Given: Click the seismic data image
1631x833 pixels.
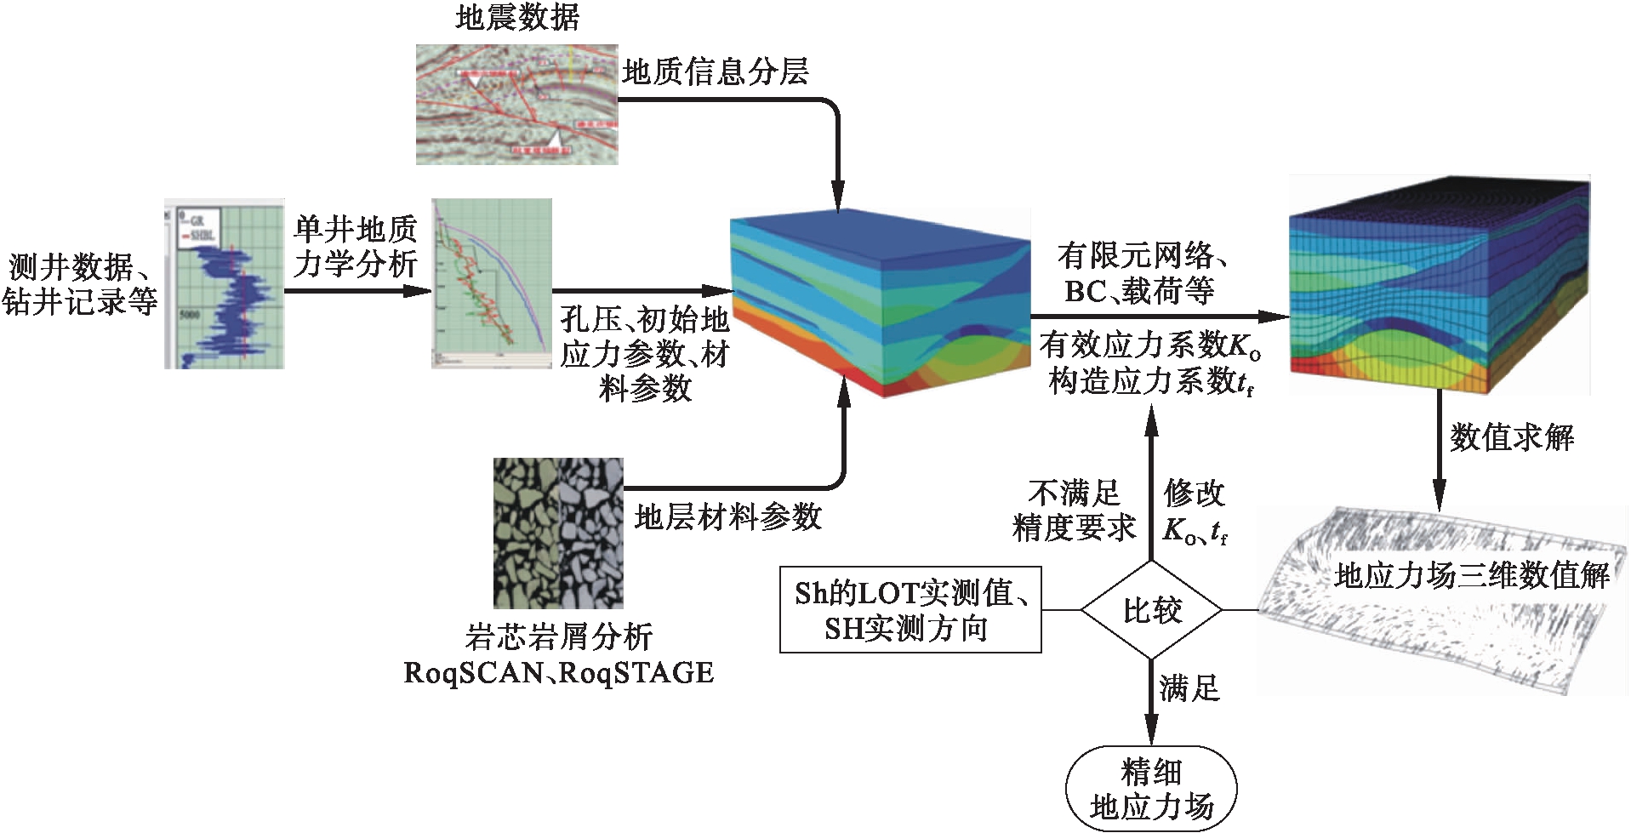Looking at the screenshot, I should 516,104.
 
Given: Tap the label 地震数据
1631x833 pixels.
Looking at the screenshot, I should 516,17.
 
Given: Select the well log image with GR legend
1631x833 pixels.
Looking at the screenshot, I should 224,284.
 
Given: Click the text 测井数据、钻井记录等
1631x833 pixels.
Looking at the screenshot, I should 80,284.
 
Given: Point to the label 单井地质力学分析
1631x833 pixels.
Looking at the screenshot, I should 355,247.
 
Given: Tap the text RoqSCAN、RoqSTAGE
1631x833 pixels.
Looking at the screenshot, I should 558,673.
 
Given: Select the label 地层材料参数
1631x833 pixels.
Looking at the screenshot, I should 727,516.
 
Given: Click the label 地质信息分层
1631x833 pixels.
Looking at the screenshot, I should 715,71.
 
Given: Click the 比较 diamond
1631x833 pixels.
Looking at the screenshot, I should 1151,609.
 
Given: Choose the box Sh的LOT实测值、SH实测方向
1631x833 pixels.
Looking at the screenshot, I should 910,610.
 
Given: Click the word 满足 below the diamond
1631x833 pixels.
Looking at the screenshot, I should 1189,688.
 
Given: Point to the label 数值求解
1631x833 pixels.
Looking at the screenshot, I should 1511,438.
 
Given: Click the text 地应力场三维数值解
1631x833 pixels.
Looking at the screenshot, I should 1471,577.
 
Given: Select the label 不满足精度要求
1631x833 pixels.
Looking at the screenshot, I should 1074,511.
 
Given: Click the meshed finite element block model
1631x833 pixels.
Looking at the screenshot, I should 1439,286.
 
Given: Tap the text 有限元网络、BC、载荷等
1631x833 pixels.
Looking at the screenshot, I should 1140,273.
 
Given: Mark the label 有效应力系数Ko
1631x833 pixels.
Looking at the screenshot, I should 1149,345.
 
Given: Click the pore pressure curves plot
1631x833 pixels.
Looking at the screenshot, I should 492,283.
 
